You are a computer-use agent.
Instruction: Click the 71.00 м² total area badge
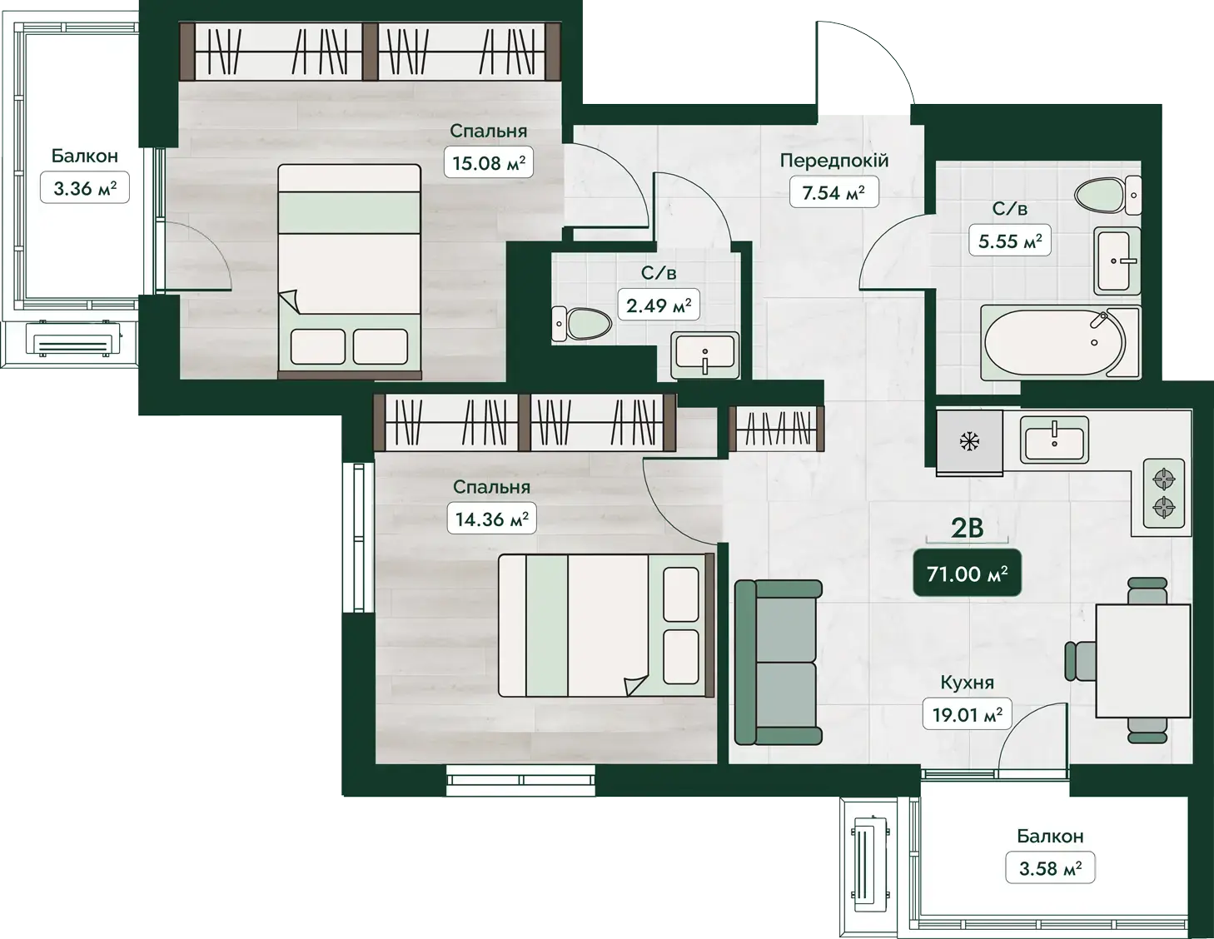coord(967,574)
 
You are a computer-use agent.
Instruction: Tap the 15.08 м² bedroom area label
coord(488,162)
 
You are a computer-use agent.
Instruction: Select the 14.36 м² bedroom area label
coord(491,519)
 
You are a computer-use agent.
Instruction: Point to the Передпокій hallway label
coord(834,161)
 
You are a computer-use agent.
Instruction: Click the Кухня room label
coord(967,683)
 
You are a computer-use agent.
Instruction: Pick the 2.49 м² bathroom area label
coord(659,305)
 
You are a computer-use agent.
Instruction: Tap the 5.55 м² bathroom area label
coord(1009,241)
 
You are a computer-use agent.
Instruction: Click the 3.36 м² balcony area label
coord(85,188)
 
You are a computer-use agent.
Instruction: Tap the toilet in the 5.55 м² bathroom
coord(1107,195)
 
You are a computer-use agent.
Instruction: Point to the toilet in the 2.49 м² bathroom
coord(581,324)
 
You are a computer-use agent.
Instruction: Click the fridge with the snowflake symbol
coord(969,442)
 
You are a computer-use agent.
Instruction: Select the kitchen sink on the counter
coord(1054,440)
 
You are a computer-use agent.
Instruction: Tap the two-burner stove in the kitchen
coord(1164,494)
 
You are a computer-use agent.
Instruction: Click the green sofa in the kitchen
coord(778,662)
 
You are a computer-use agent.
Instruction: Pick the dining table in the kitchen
coord(1143,660)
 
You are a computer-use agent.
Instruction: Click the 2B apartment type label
coord(967,528)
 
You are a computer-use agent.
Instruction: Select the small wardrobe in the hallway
coord(777,428)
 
